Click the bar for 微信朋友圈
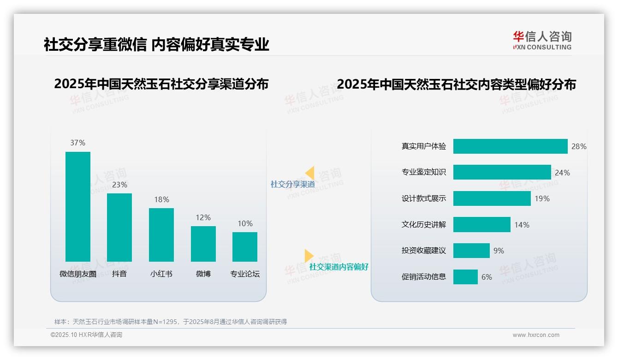[77, 206]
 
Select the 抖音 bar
[119, 227]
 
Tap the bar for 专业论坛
[245, 246]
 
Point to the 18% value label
[161, 199]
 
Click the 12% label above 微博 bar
[203, 217]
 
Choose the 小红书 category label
[161, 274]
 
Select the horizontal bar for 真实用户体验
[510, 146]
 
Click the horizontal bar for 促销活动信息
[465, 277]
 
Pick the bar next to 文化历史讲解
[481, 225]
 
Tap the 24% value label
[562, 173]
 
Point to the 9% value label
[499, 251]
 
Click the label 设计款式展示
[424, 198]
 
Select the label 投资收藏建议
[424, 251]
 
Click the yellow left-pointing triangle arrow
[310, 173]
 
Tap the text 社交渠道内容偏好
[339, 267]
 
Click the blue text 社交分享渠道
[292, 184]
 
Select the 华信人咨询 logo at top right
[542, 40]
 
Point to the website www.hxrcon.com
[536, 335]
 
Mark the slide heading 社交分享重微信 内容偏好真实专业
[156, 44]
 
